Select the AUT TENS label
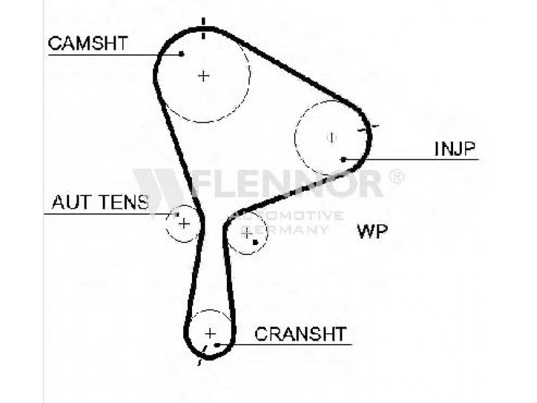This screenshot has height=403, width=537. click(x=100, y=202)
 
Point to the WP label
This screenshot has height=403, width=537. click(x=373, y=232)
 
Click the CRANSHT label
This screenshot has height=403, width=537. click(x=300, y=333)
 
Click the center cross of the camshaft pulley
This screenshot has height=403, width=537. click(x=204, y=76)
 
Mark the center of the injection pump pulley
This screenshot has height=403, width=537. click(x=331, y=138)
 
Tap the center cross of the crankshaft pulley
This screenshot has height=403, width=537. click(x=210, y=333)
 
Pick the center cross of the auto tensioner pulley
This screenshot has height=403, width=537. click(x=184, y=223)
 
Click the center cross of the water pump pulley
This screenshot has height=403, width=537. click(x=247, y=233)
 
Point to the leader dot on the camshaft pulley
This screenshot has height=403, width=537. click(x=182, y=54)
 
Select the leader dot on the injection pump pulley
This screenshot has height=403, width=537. click(x=343, y=159)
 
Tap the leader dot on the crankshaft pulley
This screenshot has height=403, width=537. click(x=217, y=345)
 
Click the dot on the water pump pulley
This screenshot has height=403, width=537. click(x=256, y=242)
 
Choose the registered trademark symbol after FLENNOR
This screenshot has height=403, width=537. click(x=397, y=176)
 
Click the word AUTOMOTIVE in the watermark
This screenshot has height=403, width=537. click(x=285, y=216)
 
